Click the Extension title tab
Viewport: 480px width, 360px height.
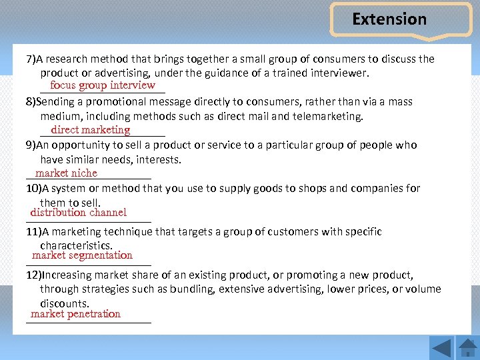coord(389,19)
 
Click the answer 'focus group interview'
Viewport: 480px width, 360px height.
coord(102,85)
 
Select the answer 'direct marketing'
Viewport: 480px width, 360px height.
coord(90,130)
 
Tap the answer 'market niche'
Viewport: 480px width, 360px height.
coord(66,173)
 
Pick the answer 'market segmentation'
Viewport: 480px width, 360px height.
coord(82,255)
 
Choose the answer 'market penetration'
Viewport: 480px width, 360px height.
coord(75,314)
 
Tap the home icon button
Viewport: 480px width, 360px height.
coord(467,347)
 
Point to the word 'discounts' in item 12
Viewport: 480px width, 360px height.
coord(63,303)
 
